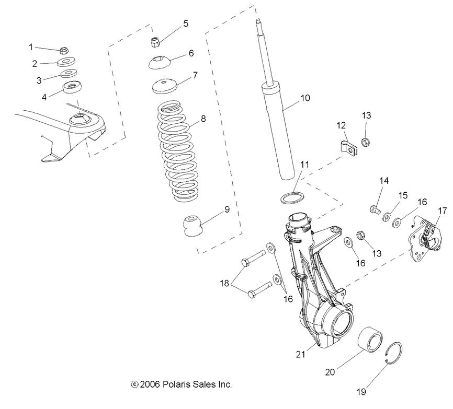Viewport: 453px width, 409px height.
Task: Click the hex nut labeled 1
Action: click(x=64, y=51)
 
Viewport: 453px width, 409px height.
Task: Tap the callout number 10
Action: click(x=305, y=98)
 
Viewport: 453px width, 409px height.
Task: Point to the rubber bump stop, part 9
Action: click(x=193, y=226)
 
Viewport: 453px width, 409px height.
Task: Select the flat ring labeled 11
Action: click(x=292, y=198)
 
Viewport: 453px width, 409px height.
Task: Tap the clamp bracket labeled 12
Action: click(x=348, y=148)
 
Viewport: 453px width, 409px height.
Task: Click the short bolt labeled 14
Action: click(x=375, y=209)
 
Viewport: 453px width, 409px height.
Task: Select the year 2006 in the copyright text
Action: click(x=150, y=384)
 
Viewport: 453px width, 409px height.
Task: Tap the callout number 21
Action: click(x=300, y=355)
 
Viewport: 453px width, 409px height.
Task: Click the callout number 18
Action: click(x=224, y=284)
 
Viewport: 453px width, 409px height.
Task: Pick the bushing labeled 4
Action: click(x=72, y=87)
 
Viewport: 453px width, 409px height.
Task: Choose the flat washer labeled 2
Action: click(x=67, y=62)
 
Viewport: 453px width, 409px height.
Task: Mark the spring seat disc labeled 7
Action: click(x=164, y=86)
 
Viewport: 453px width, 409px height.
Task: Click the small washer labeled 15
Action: click(x=387, y=216)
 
